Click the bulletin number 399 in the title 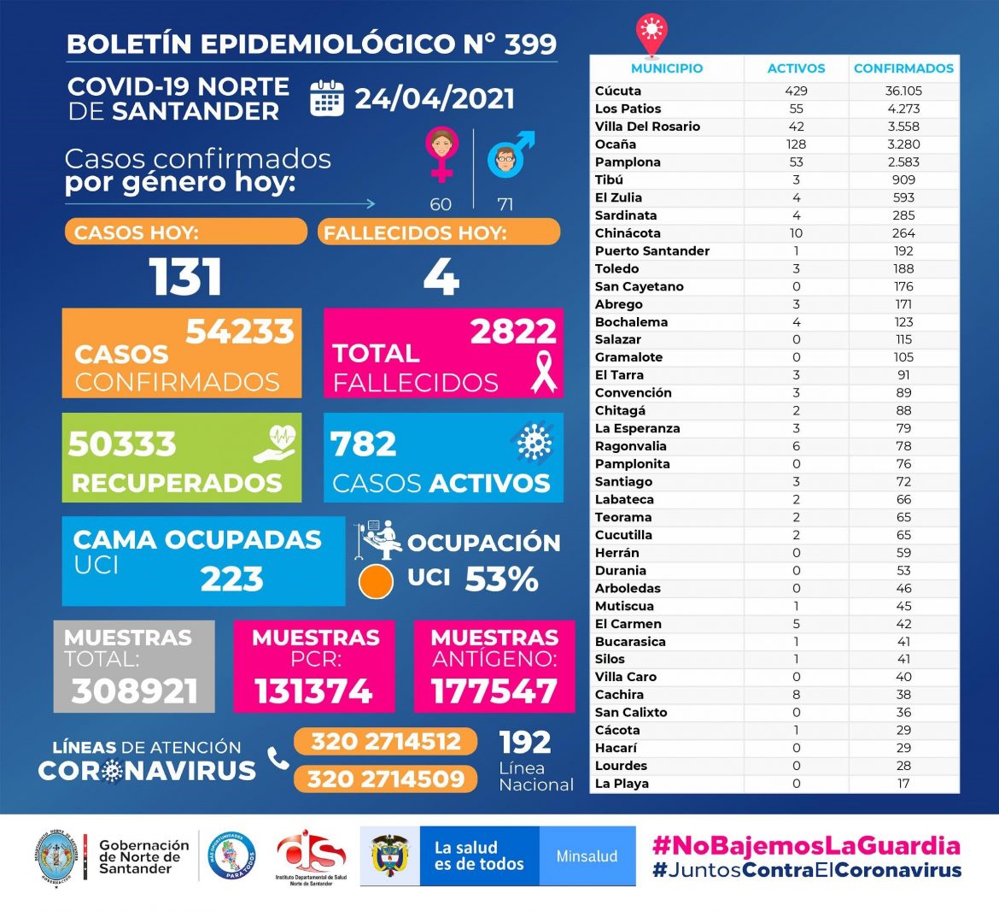click(529, 44)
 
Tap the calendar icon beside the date click(326, 98)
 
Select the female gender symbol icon click(441, 154)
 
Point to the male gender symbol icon click(510, 154)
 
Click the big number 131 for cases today click(185, 277)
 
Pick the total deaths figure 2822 click(513, 332)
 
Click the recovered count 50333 click(122, 444)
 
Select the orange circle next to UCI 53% click(376, 581)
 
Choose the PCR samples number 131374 click(313, 691)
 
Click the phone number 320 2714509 click(385, 779)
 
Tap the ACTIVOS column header click(796, 68)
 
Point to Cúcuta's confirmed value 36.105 click(903, 91)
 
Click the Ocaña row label click(616, 144)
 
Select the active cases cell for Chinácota click(796, 233)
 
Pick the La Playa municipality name click(622, 784)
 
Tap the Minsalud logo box click(587, 856)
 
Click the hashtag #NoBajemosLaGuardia click(806, 846)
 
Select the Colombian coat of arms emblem click(389, 856)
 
